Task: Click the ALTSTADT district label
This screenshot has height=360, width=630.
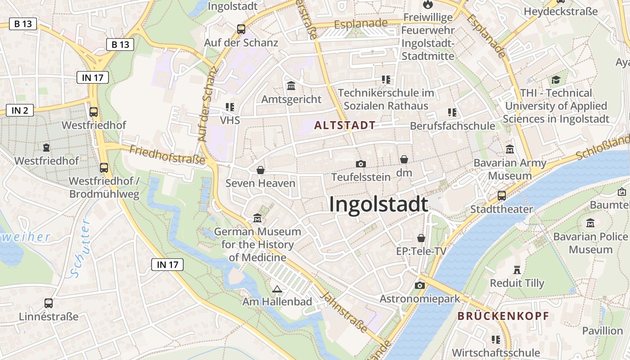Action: click(x=345, y=126)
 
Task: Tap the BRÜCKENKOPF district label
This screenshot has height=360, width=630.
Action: click(x=504, y=316)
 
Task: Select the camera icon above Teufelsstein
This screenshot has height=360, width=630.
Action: click(x=360, y=164)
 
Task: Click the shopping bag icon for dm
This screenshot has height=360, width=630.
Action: click(x=404, y=159)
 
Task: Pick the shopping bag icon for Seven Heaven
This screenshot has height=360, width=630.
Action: click(x=260, y=170)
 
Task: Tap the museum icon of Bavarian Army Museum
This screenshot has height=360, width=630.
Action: click(x=510, y=149)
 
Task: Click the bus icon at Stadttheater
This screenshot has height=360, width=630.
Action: click(x=501, y=196)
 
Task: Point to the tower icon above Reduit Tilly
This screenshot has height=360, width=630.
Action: click(x=517, y=270)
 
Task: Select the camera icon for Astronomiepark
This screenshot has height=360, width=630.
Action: click(x=419, y=285)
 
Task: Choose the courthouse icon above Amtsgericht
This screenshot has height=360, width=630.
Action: click(x=291, y=85)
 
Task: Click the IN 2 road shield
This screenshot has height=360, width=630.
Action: click(x=20, y=110)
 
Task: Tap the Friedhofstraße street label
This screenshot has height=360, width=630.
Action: click(x=167, y=154)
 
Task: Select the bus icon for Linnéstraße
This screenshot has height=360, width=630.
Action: click(x=48, y=303)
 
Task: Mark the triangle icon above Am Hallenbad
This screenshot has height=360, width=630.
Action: click(x=277, y=289)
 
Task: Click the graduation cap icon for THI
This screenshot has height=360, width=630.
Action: click(x=556, y=80)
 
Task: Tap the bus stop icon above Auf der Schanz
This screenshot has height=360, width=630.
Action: click(x=241, y=29)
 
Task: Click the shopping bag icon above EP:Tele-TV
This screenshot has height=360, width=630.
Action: click(x=421, y=238)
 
